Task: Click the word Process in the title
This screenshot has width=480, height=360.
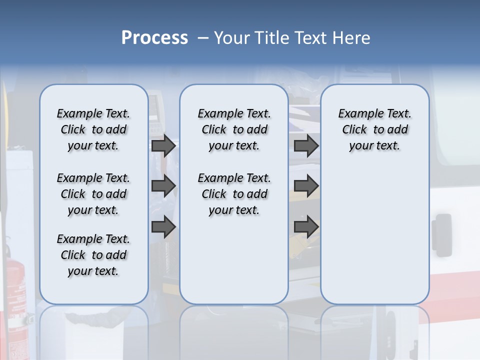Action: (154, 38)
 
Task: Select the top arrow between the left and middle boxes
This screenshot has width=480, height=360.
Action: (163, 145)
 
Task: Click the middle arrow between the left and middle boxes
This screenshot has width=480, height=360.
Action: (163, 186)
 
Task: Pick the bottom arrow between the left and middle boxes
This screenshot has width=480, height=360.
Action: (163, 226)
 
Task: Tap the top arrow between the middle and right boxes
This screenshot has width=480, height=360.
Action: (306, 145)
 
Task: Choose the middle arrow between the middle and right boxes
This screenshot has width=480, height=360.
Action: (306, 186)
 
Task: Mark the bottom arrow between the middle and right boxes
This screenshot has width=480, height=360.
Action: (306, 226)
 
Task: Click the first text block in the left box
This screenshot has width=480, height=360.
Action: (93, 129)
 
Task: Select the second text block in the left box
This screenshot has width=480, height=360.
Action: (93, 194)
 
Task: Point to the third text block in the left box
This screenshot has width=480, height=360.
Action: (93, 255)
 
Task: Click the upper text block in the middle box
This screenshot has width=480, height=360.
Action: (234, 129)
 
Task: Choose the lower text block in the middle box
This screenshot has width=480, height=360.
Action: (234, 194)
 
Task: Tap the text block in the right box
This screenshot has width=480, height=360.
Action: (374, 129)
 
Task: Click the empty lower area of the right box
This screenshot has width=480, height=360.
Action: (374, 240)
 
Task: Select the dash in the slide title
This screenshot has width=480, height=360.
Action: (203, 38)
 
